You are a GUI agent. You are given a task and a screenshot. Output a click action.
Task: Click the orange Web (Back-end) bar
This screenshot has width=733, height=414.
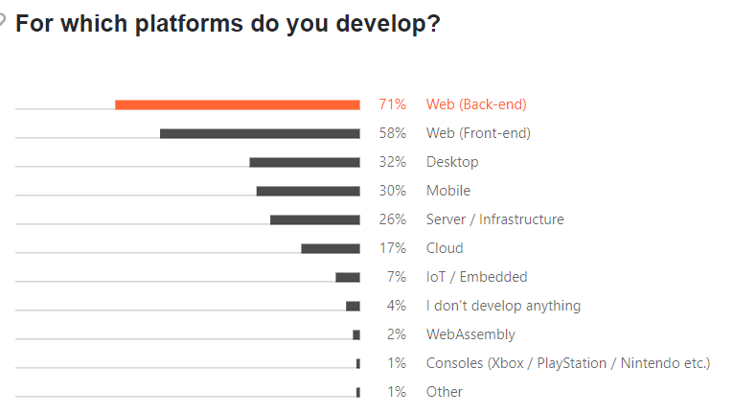(238, 104)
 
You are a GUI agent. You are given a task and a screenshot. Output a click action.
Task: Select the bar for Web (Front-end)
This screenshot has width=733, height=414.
(260, 133)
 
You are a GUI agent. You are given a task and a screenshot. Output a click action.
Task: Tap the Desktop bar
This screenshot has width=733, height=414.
(305, 162)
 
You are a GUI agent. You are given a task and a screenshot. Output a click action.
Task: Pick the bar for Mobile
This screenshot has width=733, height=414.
(308, 191)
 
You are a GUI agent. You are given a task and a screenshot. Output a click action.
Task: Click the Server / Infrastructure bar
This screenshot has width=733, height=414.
(315, 219)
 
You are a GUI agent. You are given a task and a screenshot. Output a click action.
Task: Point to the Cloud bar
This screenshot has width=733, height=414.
(331, 248)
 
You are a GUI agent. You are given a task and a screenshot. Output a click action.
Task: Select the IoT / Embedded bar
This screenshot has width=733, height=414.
(348, 277)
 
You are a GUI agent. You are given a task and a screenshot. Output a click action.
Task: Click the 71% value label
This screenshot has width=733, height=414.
(392, 104)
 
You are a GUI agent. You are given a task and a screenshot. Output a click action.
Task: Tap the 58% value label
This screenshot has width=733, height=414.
(392, 133)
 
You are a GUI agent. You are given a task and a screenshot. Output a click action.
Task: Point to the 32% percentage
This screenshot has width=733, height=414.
(392, 162)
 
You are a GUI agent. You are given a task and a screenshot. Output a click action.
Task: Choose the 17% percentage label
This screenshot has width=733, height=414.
(393, 248)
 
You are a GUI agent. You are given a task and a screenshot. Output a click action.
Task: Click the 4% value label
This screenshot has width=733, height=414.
(396, 306)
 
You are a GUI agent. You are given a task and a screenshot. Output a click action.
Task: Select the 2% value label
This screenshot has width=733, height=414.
(396, 334)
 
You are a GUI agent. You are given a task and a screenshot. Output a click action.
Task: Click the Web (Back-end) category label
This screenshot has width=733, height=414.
(476, 104)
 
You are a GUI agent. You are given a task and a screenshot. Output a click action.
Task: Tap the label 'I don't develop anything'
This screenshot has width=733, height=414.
(503, 306)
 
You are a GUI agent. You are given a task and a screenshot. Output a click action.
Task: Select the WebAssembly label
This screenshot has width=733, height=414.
(470, 334)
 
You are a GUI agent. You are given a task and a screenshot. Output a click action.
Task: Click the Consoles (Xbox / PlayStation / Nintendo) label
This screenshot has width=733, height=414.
(568, 363)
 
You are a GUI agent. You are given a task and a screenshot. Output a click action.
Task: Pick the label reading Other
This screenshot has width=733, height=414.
(445, 392)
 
